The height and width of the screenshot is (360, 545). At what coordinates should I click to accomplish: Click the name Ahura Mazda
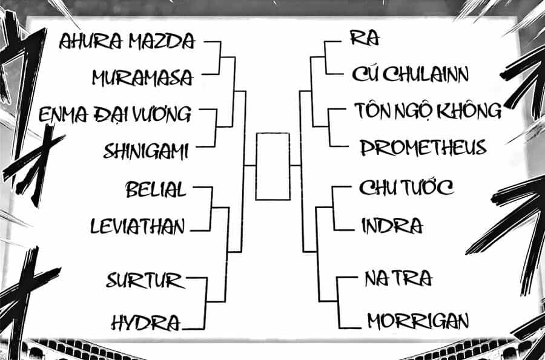(127, 41)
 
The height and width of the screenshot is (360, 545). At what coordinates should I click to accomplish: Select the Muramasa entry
(142, 77)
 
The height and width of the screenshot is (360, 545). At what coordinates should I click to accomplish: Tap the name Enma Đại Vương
(115, 114)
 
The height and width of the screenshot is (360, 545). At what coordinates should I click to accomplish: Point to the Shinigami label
(146, 151)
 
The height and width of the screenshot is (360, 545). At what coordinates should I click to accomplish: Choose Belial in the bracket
(156, 189)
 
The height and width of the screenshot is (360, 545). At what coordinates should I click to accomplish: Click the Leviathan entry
(137, 226)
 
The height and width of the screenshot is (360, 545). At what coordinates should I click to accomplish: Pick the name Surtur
(145, 281)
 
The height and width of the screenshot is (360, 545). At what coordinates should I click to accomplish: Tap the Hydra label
(146, 322)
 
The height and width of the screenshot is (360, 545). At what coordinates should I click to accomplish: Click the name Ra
(365, 38)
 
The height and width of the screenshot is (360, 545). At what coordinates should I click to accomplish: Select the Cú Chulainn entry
(410, 74)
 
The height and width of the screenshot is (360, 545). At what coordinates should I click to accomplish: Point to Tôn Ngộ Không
(428, 110)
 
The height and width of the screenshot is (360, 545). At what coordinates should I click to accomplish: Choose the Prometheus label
(423, 148)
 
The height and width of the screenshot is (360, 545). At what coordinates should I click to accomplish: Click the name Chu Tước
(406, 188)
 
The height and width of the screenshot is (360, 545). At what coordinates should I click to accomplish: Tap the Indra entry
(392, 226)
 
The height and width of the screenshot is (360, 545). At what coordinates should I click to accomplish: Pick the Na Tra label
(398, 278)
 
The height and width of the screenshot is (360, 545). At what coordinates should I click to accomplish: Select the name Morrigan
(418, 321)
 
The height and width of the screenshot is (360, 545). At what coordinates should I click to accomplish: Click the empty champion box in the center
(256, 166)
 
